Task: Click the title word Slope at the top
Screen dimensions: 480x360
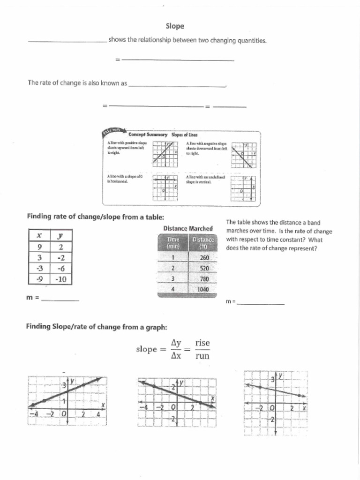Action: point(175,26)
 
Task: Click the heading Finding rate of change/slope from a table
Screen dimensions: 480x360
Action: point(96,217)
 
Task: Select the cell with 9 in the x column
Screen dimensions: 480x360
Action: point(39,247)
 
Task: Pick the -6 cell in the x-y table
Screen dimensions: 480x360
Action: point(60,268)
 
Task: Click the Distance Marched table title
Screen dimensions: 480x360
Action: point(187,229)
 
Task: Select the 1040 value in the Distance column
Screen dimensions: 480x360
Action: point(204,289)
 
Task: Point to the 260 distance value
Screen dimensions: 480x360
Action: point(204,258)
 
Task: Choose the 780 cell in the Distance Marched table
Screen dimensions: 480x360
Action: point(204,279)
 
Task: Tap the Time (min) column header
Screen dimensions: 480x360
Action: point(172,242)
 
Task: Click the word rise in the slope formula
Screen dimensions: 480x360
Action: point(202,343)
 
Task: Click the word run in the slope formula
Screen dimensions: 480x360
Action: point(202,356)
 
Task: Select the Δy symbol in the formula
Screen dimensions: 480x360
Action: point(176,343)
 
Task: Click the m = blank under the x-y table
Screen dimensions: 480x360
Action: point(60,298)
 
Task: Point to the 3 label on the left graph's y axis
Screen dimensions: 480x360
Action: point(64,385)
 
